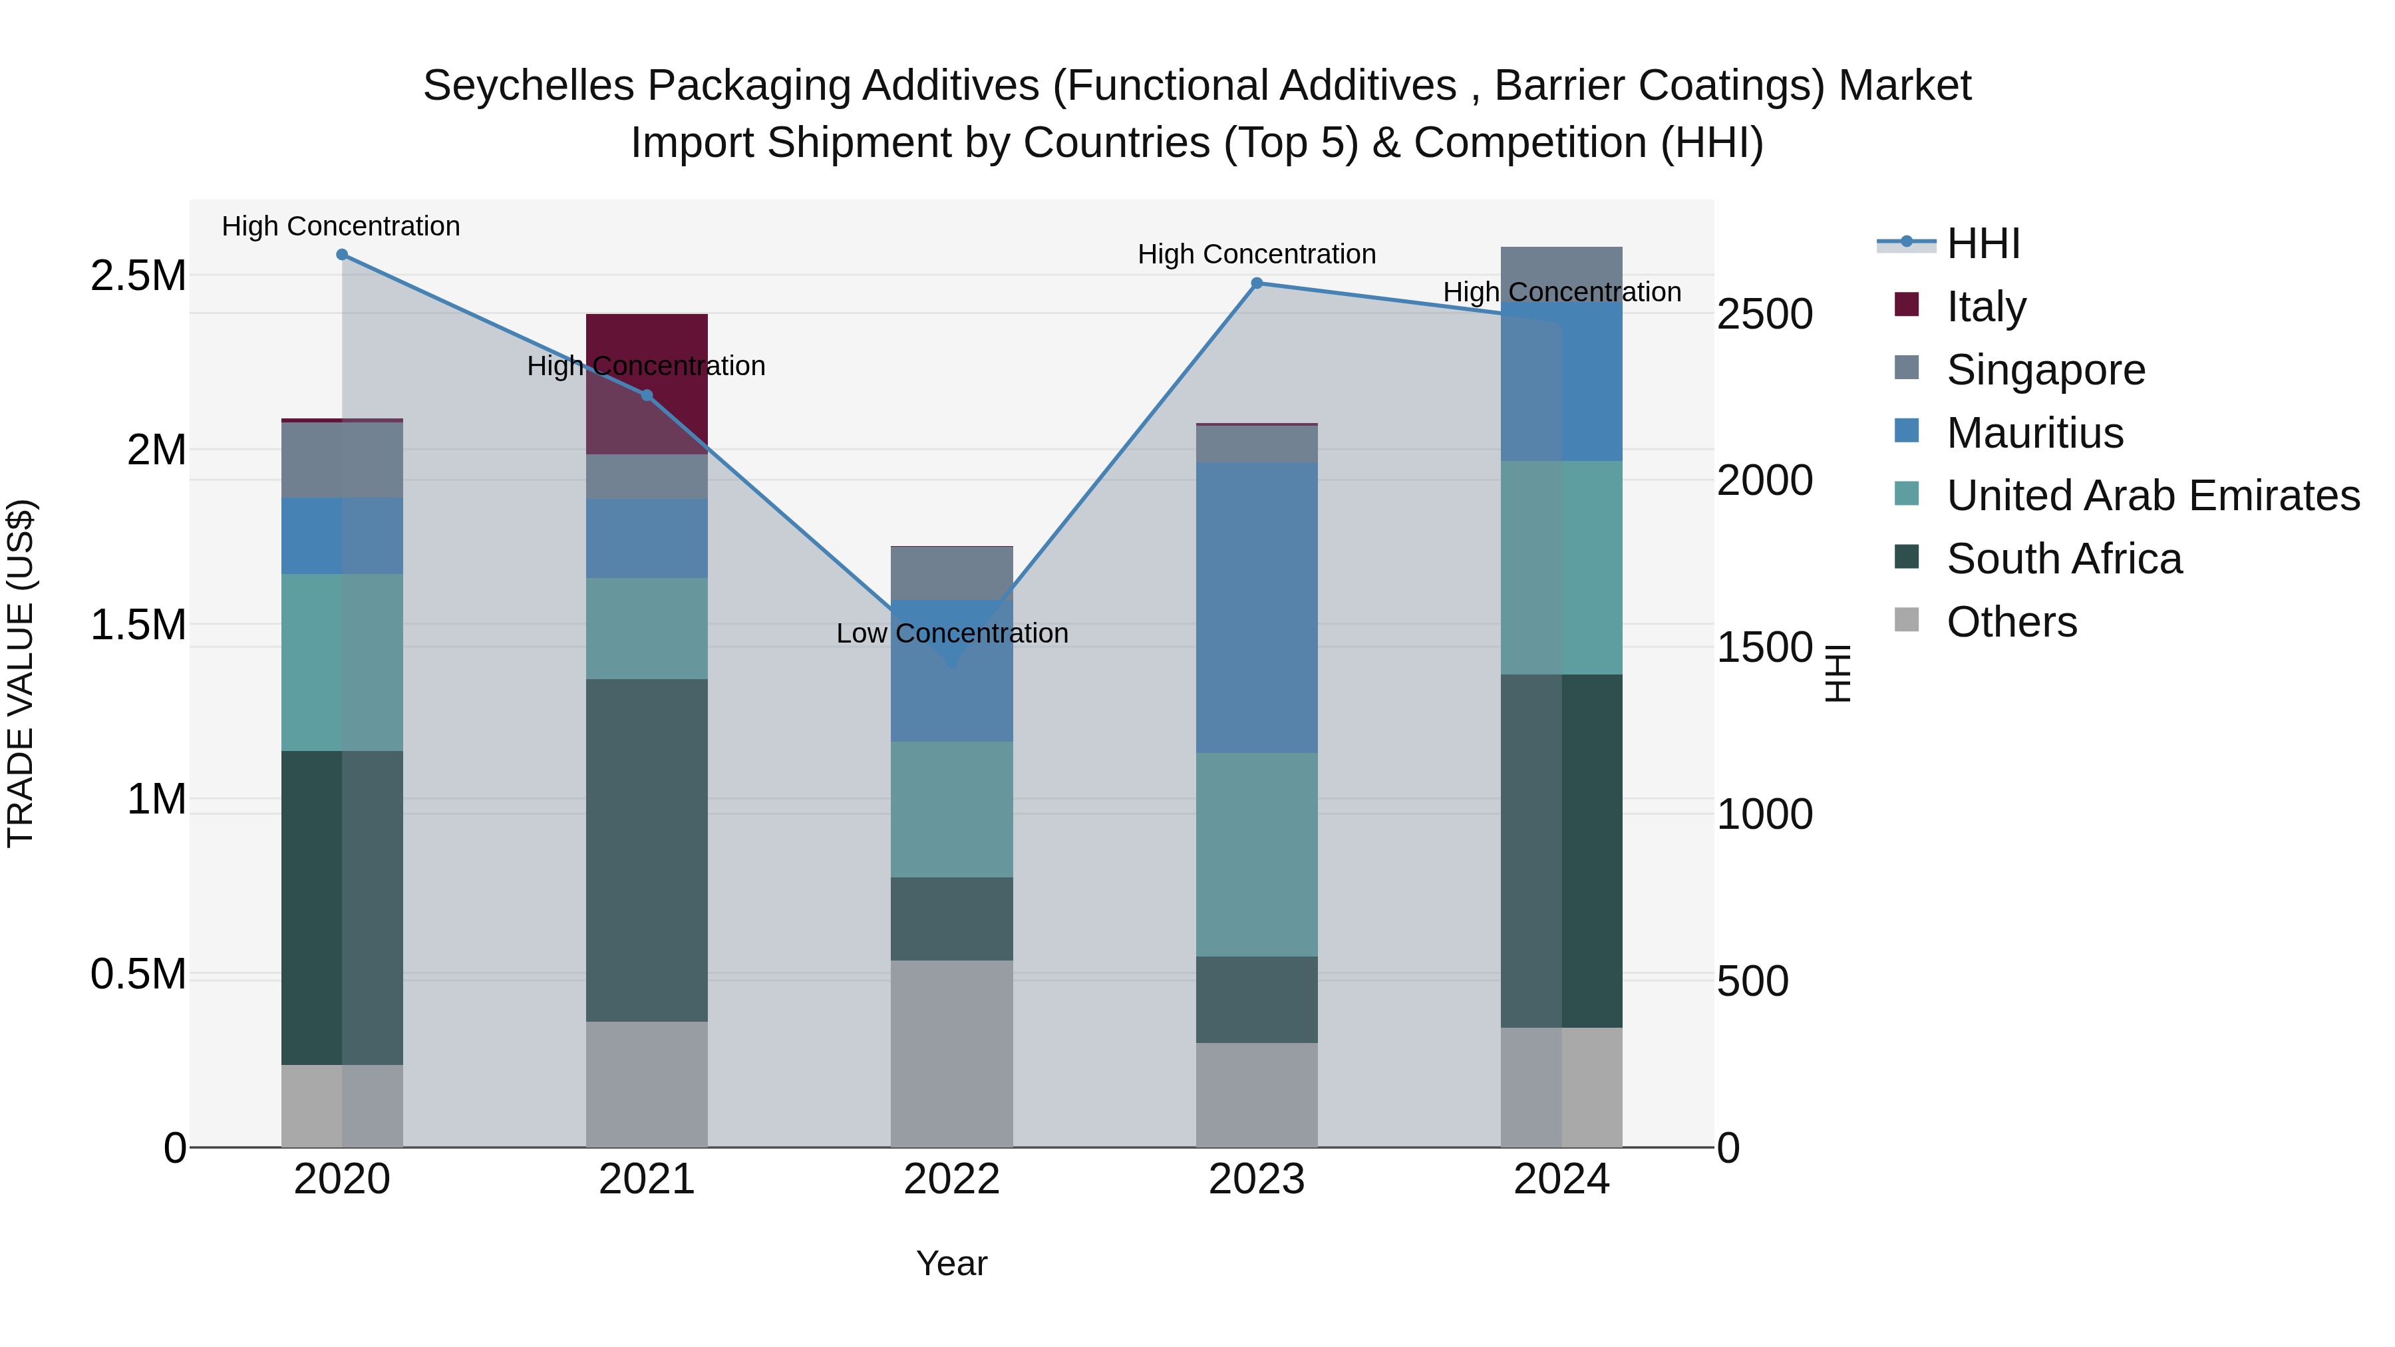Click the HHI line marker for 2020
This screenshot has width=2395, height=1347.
click(x=342, y=255)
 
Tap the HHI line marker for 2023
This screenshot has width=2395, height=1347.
click(x=1256, y=283)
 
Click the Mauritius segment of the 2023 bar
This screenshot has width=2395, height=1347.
click(x=1256, y=607)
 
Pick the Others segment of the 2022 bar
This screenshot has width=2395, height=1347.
click(x=951, y=1053)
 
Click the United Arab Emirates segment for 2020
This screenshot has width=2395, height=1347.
click(x=342, y=662)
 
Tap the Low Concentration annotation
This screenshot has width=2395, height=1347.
click(x=951, y=634)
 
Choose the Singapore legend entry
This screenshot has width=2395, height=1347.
click(x=2046, y=370)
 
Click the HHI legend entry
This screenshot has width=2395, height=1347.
click(x=1983, y=243)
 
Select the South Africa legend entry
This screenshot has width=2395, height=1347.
click(x=2063, y=559)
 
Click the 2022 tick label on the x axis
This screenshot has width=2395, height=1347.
click(x=951, y=1179)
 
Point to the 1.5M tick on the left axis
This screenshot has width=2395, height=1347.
click(x=138, y=625)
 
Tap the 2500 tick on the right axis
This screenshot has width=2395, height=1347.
click(x=1764, y=314)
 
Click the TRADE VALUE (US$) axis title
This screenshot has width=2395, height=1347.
click(x=21, y=673)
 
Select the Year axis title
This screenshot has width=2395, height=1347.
click(x=951, y=1263)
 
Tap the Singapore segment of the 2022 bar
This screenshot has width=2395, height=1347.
click(x=951, y=573)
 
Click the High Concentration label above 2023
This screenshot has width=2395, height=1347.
click(x=1256, y=254)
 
